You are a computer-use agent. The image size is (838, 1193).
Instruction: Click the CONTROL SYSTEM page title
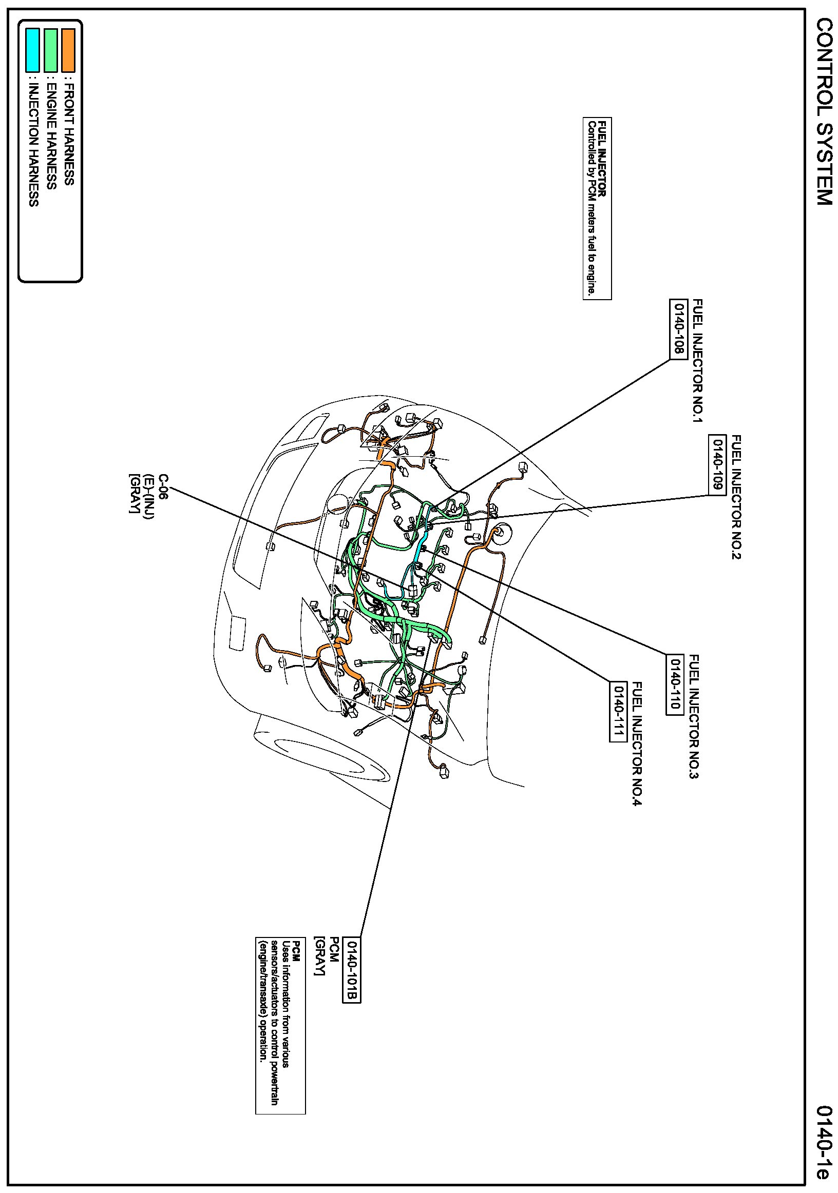click(824, 112)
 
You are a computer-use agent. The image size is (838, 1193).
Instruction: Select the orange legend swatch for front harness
click(68, 50)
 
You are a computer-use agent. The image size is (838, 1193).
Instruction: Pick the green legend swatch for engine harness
click(50, 50)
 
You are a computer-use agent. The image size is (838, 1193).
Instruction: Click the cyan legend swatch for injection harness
click(33, 50)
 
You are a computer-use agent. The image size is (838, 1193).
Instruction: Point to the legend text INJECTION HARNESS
click(33, 145)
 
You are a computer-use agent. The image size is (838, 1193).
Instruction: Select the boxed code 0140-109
click(717, 464)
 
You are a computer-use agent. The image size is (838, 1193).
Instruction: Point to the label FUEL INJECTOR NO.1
click(697, 361)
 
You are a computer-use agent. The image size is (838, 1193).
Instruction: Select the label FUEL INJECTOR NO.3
click(694, 716)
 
